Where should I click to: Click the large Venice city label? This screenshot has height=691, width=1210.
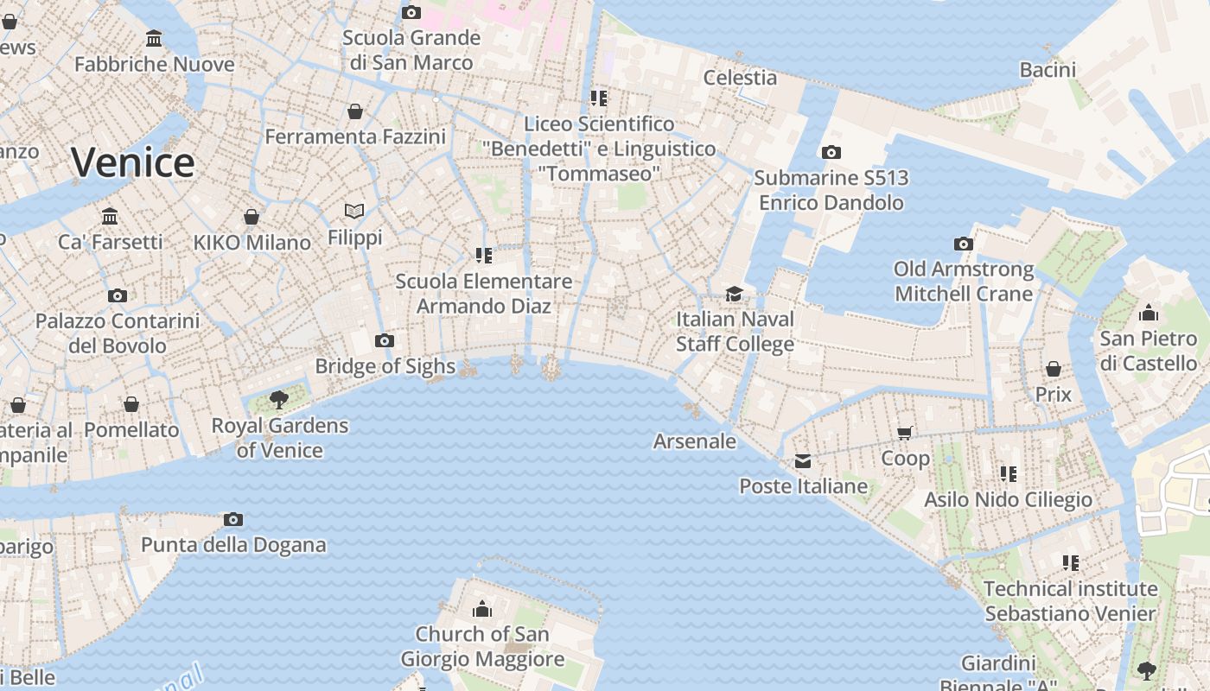click(x=133, y=162)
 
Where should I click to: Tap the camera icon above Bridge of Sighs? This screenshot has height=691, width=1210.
click(x=385, y=341)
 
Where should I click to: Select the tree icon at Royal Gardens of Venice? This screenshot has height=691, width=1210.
click(x=278, y=399)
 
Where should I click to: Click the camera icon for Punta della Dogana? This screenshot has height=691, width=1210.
click(x=232, y=519)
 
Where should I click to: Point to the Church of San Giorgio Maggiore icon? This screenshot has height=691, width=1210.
click(x=482, y=610)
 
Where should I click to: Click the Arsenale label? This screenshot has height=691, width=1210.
click(x=695, y=441)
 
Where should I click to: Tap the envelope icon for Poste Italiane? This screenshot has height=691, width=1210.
click(x=803, y=461)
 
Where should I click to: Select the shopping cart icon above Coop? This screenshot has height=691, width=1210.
click(x=905, y=433)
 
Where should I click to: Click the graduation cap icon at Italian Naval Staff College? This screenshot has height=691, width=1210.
click(x=735, y=294)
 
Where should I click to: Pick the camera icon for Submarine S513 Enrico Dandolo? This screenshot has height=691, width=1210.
click(x=831, y=153)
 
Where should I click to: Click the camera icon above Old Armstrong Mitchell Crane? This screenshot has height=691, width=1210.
click(x=964, y=244)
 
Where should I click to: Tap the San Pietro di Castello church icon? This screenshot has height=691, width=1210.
click(x=1149, y=313)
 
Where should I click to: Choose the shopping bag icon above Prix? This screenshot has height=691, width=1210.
click(x=1053, y=370)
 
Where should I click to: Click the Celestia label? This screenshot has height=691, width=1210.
click(x=740, y=77)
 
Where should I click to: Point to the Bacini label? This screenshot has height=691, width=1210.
click(x=1048, y=70)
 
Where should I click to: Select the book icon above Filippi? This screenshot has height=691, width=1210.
click(x=354, y=211)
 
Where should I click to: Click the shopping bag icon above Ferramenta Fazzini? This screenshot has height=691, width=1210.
click(x=355, y=111)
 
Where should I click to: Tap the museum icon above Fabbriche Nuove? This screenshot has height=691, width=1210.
click(x=155, y=39)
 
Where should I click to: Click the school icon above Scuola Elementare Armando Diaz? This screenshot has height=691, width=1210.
click(x=484, y=256)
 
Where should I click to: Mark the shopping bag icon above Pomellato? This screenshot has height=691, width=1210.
click(x=131, y=404)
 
